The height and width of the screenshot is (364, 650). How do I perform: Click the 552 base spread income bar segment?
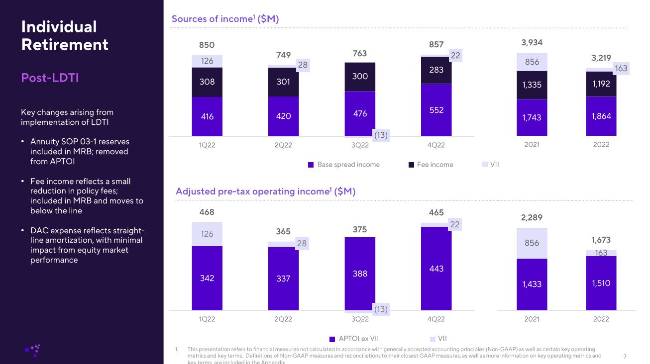(436, 110)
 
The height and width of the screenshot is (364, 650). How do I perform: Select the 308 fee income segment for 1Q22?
(207, 82)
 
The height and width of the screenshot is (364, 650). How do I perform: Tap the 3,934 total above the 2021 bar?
(532, 43)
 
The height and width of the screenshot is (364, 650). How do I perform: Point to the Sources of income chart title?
(225, 19)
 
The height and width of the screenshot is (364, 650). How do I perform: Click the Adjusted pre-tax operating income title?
(265, 191)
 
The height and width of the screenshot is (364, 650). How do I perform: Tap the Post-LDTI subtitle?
(50, 78)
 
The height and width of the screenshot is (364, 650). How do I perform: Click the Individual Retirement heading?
(65, 35)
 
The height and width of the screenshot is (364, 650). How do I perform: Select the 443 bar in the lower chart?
(436, 269)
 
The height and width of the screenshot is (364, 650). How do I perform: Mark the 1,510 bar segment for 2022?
(601, 283)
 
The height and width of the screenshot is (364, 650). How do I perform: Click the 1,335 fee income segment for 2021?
(532, 85)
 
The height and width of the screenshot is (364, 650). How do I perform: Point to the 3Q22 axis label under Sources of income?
(360, 145)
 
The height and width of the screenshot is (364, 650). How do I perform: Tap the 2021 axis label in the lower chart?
(532, 319)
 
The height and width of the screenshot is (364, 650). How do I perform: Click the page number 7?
(625, 356)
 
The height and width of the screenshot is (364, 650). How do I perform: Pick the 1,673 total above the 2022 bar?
(601, 240)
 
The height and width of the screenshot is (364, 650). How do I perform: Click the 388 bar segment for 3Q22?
(360, 273)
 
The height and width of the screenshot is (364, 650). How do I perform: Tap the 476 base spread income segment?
(360, 113)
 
